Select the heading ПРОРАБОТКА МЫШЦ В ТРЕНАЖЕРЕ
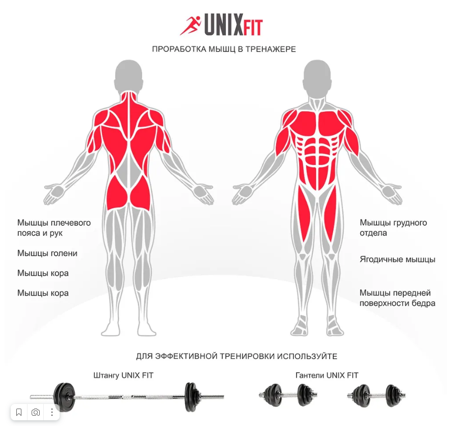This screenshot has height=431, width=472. click(224, 49)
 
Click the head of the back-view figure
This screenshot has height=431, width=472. click(128, 76)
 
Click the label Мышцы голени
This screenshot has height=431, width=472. click(47, 253)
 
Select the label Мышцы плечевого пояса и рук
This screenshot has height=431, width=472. click(54, 228)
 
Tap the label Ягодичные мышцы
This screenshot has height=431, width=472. click(398, 259)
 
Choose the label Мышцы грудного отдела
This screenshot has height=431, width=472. click(394, 228)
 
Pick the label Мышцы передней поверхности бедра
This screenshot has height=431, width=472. click(398, 298)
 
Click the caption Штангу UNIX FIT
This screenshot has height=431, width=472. click(123, 375)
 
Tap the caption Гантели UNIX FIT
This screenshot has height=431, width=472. click(327, 375)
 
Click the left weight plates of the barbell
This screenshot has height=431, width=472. click(65, 395)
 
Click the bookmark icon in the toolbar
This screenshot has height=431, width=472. click(19, 412)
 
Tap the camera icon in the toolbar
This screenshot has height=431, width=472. click(36, 412)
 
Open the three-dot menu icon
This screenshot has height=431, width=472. click(52, 412)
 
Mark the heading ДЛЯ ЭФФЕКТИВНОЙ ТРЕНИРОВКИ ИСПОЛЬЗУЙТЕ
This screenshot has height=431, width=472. click(237, 356)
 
